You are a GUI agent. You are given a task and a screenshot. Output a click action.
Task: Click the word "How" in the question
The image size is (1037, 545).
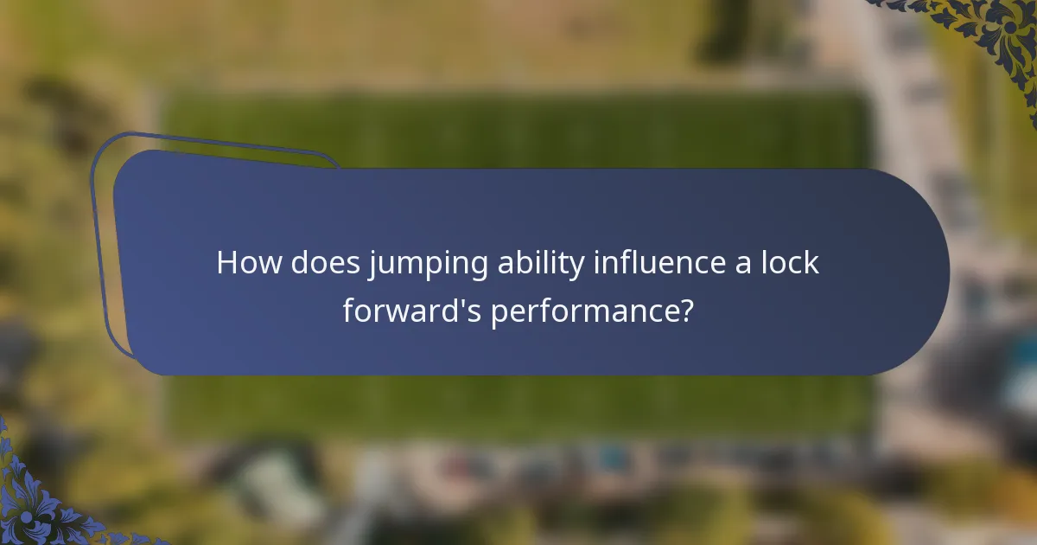[x=248, y=262]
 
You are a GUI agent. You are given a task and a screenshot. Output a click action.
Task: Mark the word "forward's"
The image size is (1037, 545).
[x=412, y=310]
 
